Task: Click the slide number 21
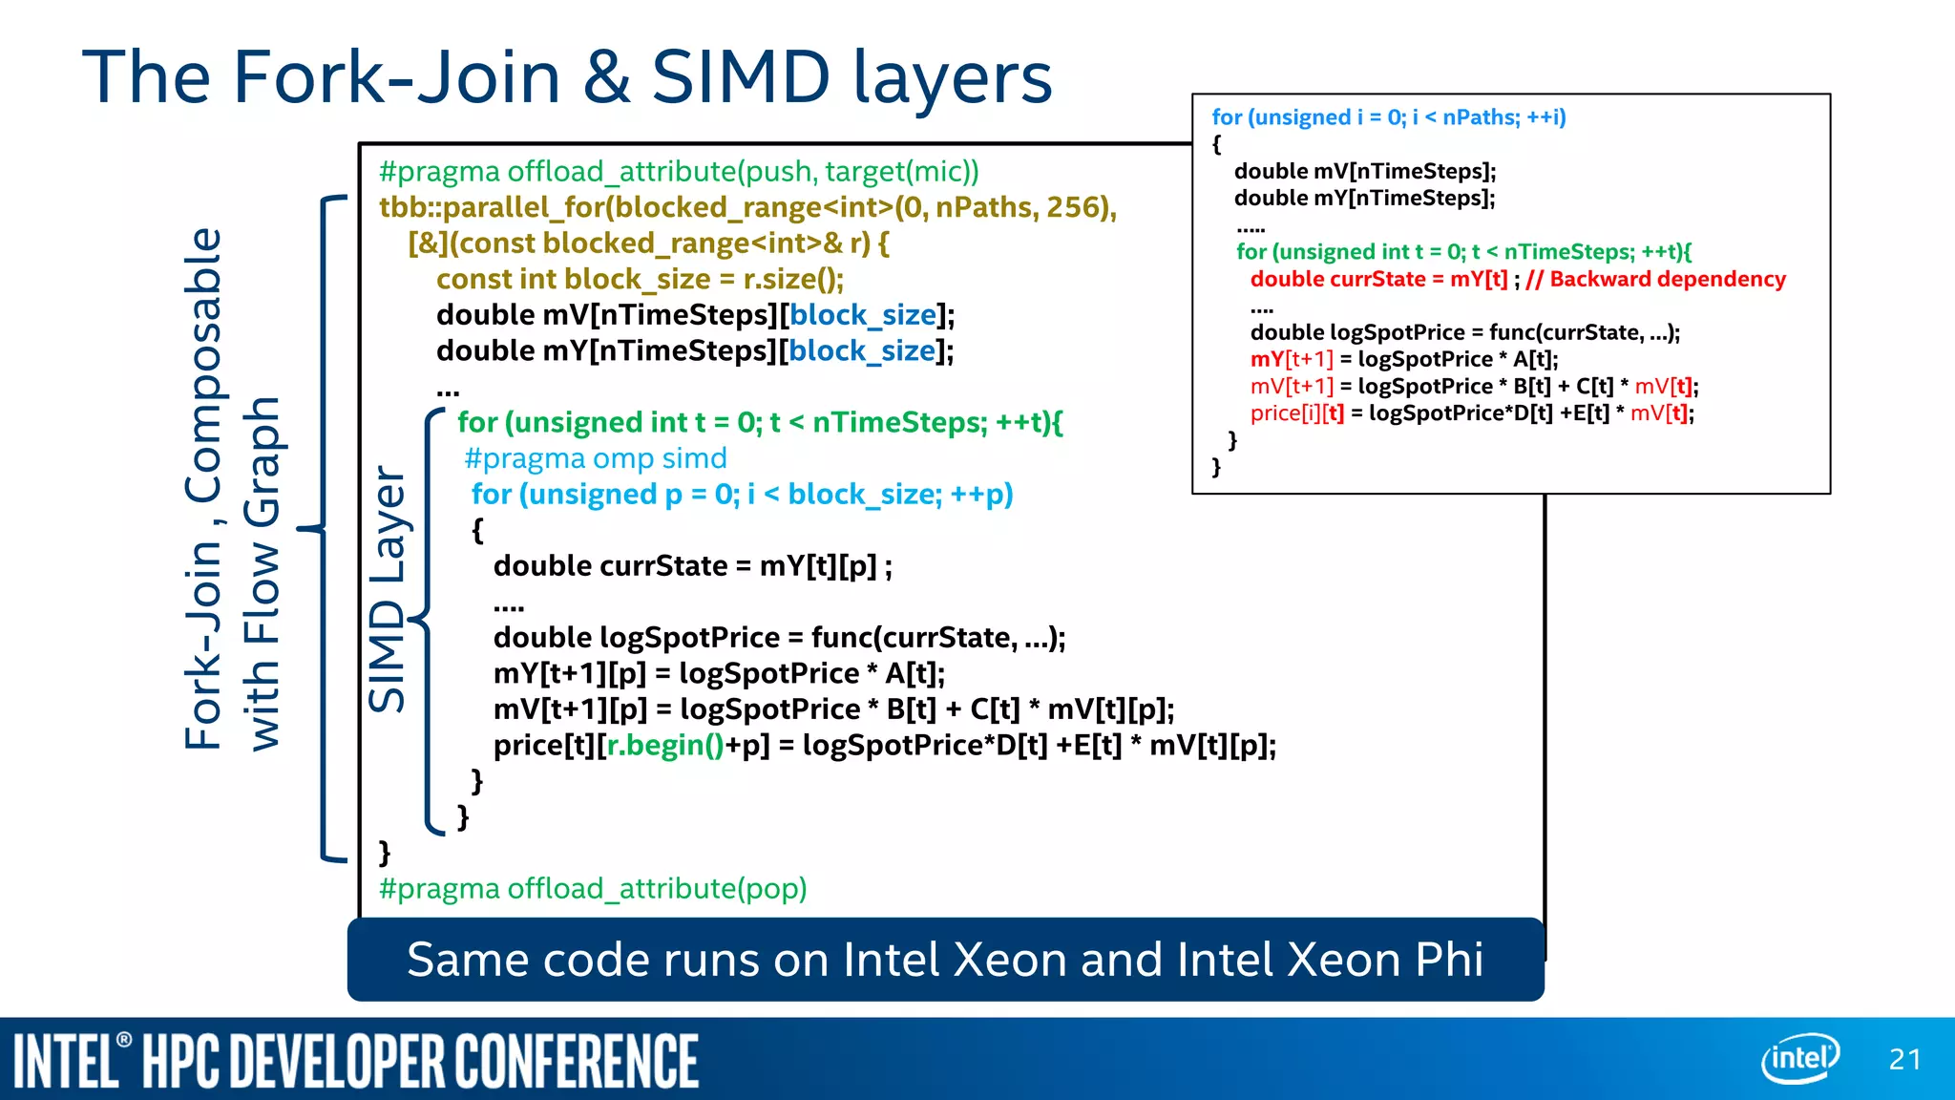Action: [x=1904, y=1059]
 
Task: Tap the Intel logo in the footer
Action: [x=1800, y=1058]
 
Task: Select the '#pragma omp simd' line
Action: [x=596, y=458]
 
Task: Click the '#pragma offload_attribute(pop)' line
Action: [x=593, y=889]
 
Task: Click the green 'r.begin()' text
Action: [x=665, y=745]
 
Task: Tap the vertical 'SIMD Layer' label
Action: [x=389, y=589]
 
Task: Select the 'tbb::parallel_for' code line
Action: [x=747, y=207]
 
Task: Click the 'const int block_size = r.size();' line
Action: [x=640, y=279]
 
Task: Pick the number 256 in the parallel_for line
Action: [x=1077, y=207]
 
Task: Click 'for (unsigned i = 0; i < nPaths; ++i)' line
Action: [x=1389, y=117]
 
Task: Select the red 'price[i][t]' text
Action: [x=1296, y=413]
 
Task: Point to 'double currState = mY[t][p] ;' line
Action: [x=693, y=566]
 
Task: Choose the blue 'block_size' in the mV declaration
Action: [x=863, y=315]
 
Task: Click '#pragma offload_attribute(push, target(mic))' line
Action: [x=679, y=172]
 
